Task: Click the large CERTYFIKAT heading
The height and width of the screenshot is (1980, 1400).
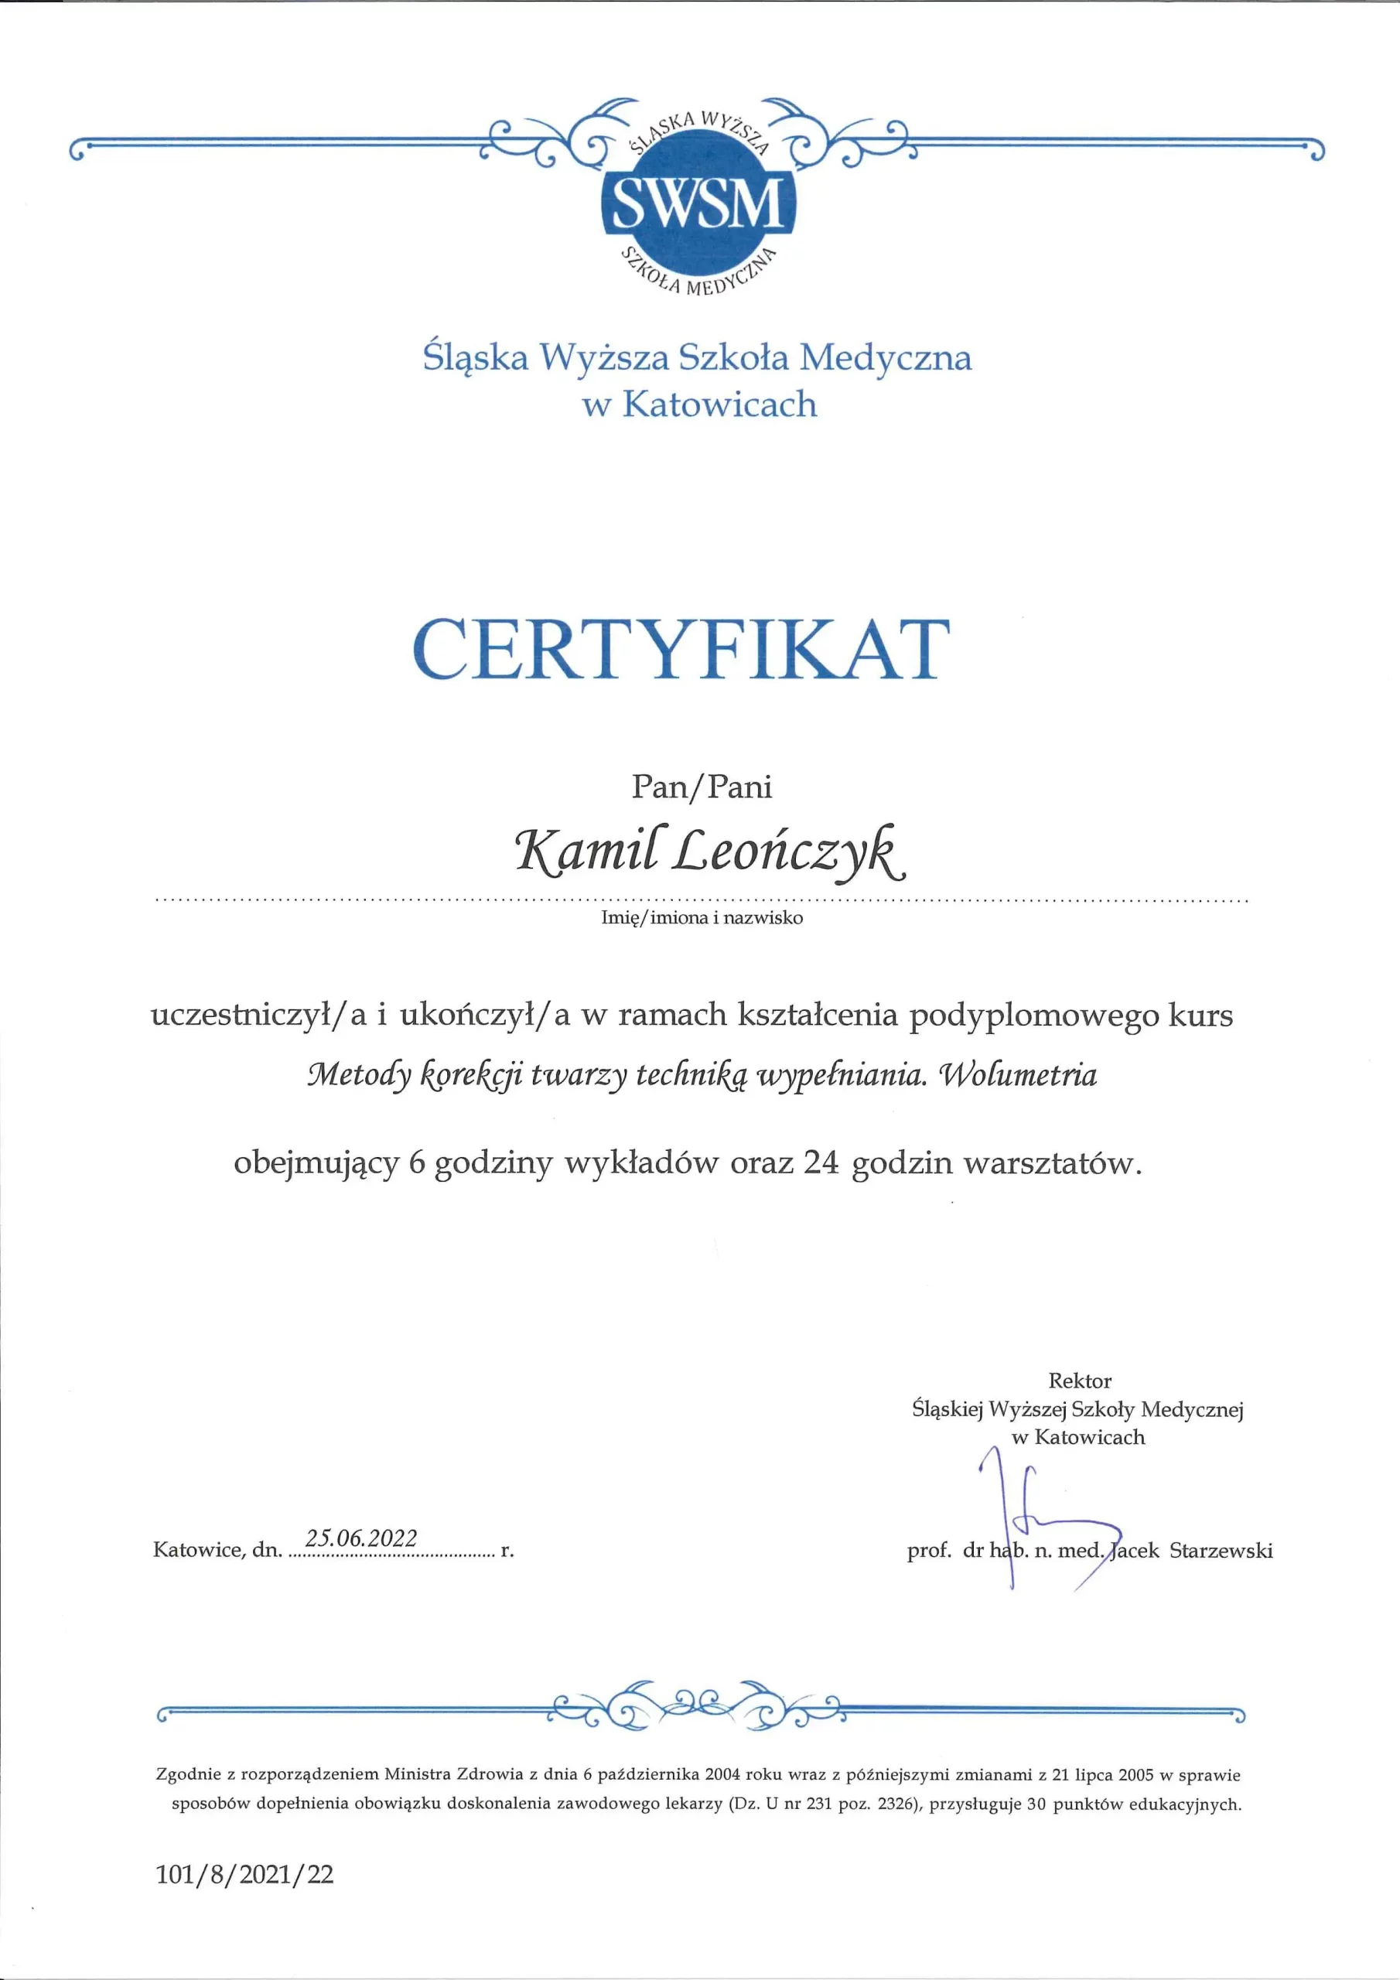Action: coord(681,648)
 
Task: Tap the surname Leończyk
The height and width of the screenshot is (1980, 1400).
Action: coord(789,851)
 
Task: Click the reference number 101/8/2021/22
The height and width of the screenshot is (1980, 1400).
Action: coord(245,1873)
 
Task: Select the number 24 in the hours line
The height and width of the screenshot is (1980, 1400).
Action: coord(821,1163)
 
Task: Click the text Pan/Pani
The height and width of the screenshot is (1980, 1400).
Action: coord(702,786)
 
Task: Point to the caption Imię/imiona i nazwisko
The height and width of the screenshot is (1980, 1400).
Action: coord(702,917)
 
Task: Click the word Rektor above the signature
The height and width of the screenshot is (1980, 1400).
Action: coord(1079,1381)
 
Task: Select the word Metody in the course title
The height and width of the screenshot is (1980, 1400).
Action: coord(358,1075)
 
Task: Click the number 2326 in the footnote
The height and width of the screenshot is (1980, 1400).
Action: coord(893,1803)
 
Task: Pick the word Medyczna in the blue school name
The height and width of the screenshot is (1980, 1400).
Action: coord(885,358)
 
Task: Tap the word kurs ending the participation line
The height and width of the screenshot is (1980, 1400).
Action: coord(1200,1015)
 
